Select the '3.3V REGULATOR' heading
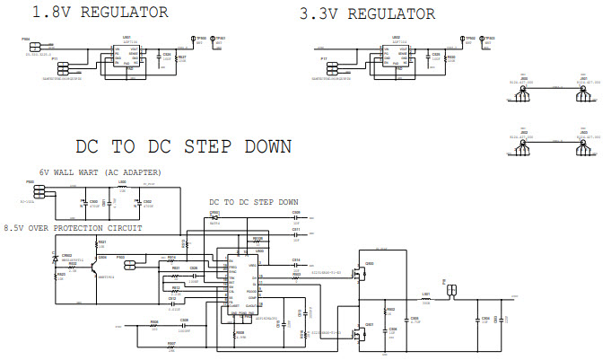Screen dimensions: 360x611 point(367,13)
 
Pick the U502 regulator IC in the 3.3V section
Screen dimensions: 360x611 point(394,55)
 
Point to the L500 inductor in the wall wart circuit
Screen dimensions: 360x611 point(123,191)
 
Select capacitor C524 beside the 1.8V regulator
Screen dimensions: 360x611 point(166,60)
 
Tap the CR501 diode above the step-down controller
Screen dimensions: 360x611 point(215,216)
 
